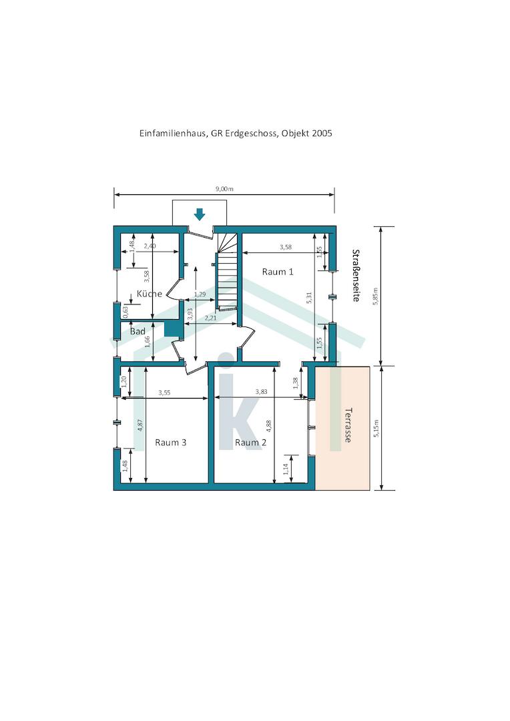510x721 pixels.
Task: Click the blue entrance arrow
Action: tap(199, 214)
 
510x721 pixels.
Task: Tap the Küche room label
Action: tap(150, 294)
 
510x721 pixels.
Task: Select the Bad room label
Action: tap(138, 331)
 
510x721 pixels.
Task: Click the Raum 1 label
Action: tap(277, 272)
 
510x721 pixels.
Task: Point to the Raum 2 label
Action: tap(250, 443)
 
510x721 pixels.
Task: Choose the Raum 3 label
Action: tap(171, 443)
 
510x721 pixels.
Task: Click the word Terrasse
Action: tap(348, 425)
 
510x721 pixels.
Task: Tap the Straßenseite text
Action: tap(356, 276)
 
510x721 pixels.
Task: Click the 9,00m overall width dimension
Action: tap(224, 188)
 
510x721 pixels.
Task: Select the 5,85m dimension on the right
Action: tap(376, 296)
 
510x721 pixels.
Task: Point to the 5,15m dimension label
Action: tap(376, 428)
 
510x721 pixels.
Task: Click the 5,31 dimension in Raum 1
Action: tap(309, 298)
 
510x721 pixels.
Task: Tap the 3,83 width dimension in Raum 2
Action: tap(261, 392)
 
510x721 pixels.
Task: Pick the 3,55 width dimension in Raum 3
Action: tap(164, 393)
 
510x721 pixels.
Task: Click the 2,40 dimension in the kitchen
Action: tap(150, 246)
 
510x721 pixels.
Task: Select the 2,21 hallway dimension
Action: tap(211, 318)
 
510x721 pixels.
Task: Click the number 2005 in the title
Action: tap(322, 134)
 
